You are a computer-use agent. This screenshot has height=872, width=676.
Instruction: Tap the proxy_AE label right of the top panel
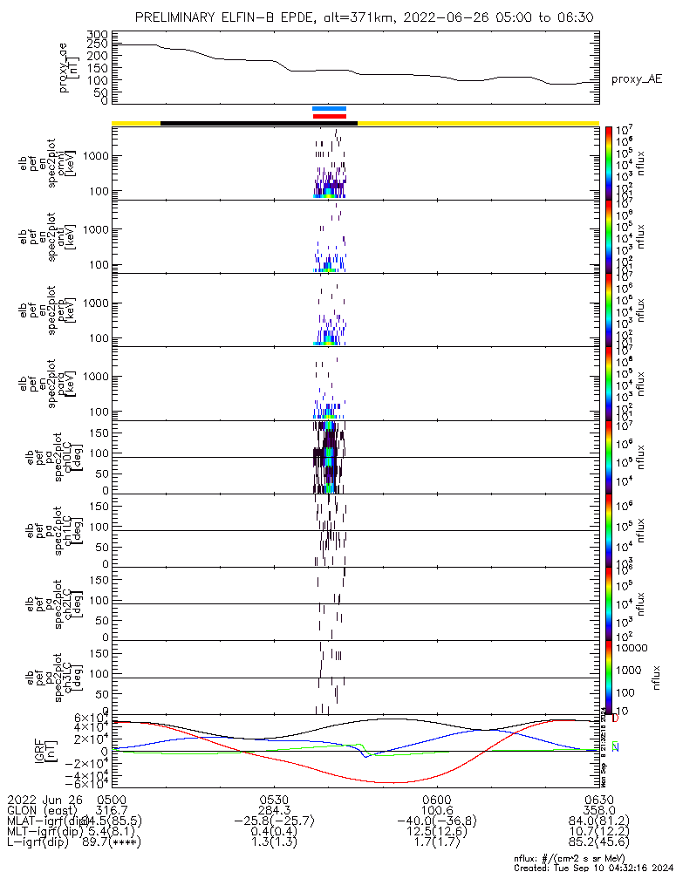tap(636, 79)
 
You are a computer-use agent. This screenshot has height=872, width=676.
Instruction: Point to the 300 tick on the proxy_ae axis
tap(97, 34)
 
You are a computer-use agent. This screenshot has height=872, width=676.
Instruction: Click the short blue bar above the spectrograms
tap(330, 109)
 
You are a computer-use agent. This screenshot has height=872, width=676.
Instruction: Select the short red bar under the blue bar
tap(330, 116)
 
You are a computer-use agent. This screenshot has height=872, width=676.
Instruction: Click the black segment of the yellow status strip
tap(259, 123)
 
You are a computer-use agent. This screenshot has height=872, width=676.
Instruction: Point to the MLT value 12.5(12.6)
tap(436, 833)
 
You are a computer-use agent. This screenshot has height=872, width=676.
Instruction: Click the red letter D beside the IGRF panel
tap(616, 719)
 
